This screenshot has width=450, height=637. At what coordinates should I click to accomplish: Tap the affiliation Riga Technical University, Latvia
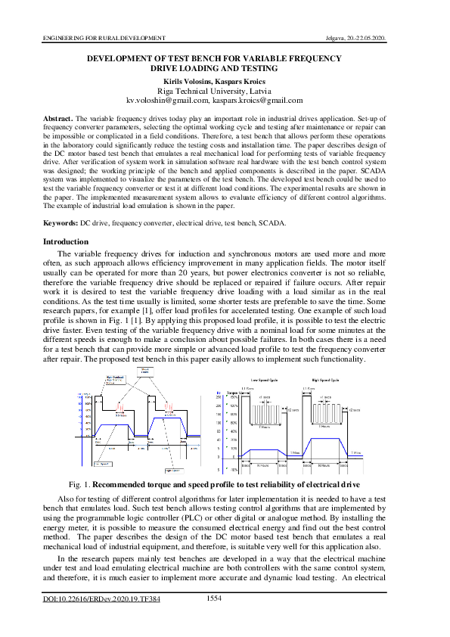225,90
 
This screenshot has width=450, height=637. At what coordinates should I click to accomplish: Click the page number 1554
214,598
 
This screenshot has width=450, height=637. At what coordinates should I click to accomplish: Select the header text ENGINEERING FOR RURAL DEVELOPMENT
104,37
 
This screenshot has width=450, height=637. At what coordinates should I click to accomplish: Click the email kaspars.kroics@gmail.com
257,100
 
